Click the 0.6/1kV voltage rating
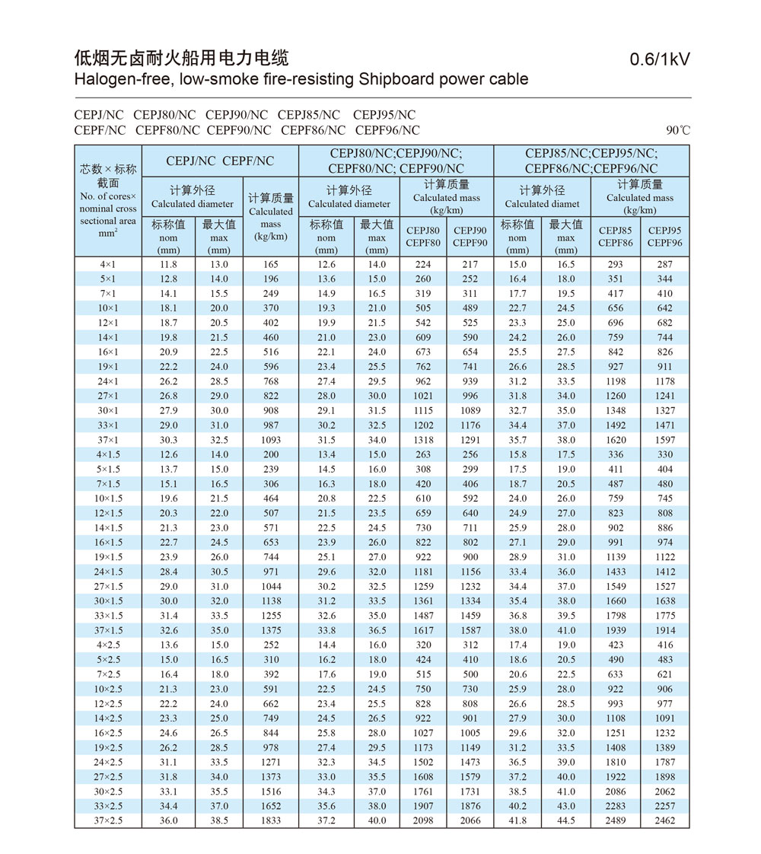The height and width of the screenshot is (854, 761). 660,60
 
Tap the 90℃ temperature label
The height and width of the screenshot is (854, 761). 678,130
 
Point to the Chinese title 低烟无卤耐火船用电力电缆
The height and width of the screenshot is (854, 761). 181,58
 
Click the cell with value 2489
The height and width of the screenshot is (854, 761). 616,821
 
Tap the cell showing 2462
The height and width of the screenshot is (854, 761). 665,821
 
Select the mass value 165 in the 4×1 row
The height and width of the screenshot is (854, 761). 271,264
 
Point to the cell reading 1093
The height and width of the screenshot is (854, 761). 271,440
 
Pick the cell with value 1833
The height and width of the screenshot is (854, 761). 271,821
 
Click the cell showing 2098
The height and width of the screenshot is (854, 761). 423,821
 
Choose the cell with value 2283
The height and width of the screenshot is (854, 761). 616,806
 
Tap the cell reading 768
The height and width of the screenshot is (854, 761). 271,381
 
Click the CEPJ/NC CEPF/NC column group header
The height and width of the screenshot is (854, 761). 220,161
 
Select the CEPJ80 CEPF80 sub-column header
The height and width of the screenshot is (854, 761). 423,237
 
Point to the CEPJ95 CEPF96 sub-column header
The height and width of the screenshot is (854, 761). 665,237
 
